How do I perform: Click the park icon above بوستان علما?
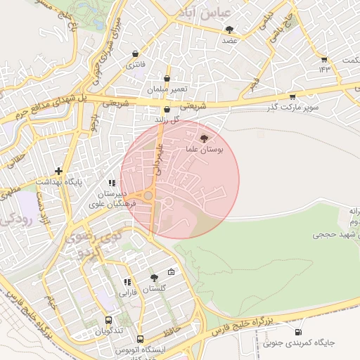(204, 139)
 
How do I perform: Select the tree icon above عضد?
(230, 30)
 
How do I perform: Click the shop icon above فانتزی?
(135, 53)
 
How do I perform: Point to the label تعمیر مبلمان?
(165, 91)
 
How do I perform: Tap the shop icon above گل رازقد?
(167, 110)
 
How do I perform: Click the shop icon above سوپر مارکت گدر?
(292, 97)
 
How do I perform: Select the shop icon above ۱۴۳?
(323, 60)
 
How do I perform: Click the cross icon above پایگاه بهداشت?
(59, 171)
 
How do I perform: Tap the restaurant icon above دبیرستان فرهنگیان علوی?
(112, 184)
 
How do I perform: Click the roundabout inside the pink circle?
(149, 196)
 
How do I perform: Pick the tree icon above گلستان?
(154, 278)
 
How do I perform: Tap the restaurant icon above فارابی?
(127, 281)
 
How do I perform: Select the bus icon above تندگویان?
(108, 319)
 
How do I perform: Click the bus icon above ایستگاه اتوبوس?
(140, 339)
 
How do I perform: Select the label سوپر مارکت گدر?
(292, 108)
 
